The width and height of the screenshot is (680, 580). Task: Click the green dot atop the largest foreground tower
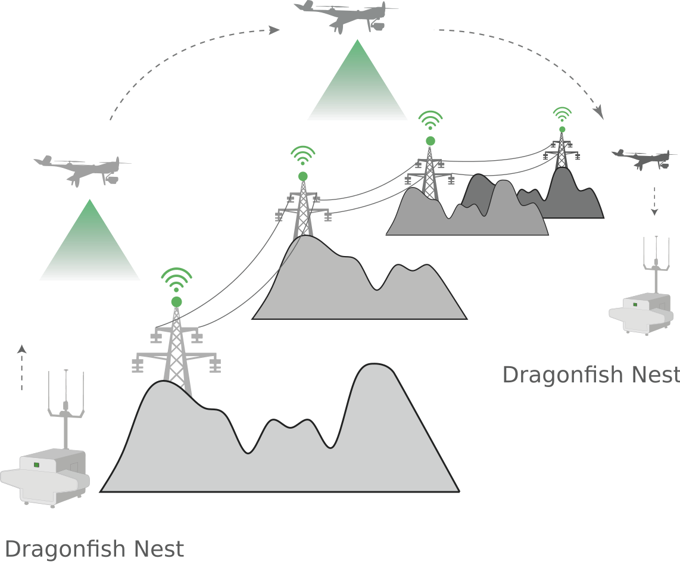(176, 302)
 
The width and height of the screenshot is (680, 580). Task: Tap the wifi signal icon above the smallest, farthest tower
(562, 114)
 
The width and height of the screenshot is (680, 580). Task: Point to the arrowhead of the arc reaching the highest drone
(275, 29)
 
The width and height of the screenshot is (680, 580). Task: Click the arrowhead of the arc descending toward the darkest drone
(600, 113)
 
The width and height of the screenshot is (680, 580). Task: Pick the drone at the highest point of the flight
(346, 15)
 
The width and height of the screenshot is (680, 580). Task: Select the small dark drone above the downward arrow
(645, 158)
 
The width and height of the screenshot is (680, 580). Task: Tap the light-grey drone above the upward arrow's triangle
(83, 169)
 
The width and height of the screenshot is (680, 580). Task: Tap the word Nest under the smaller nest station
(656, 375)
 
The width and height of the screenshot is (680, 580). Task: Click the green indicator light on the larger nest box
(36, 464)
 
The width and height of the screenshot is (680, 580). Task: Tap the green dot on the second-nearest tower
(303, 176)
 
